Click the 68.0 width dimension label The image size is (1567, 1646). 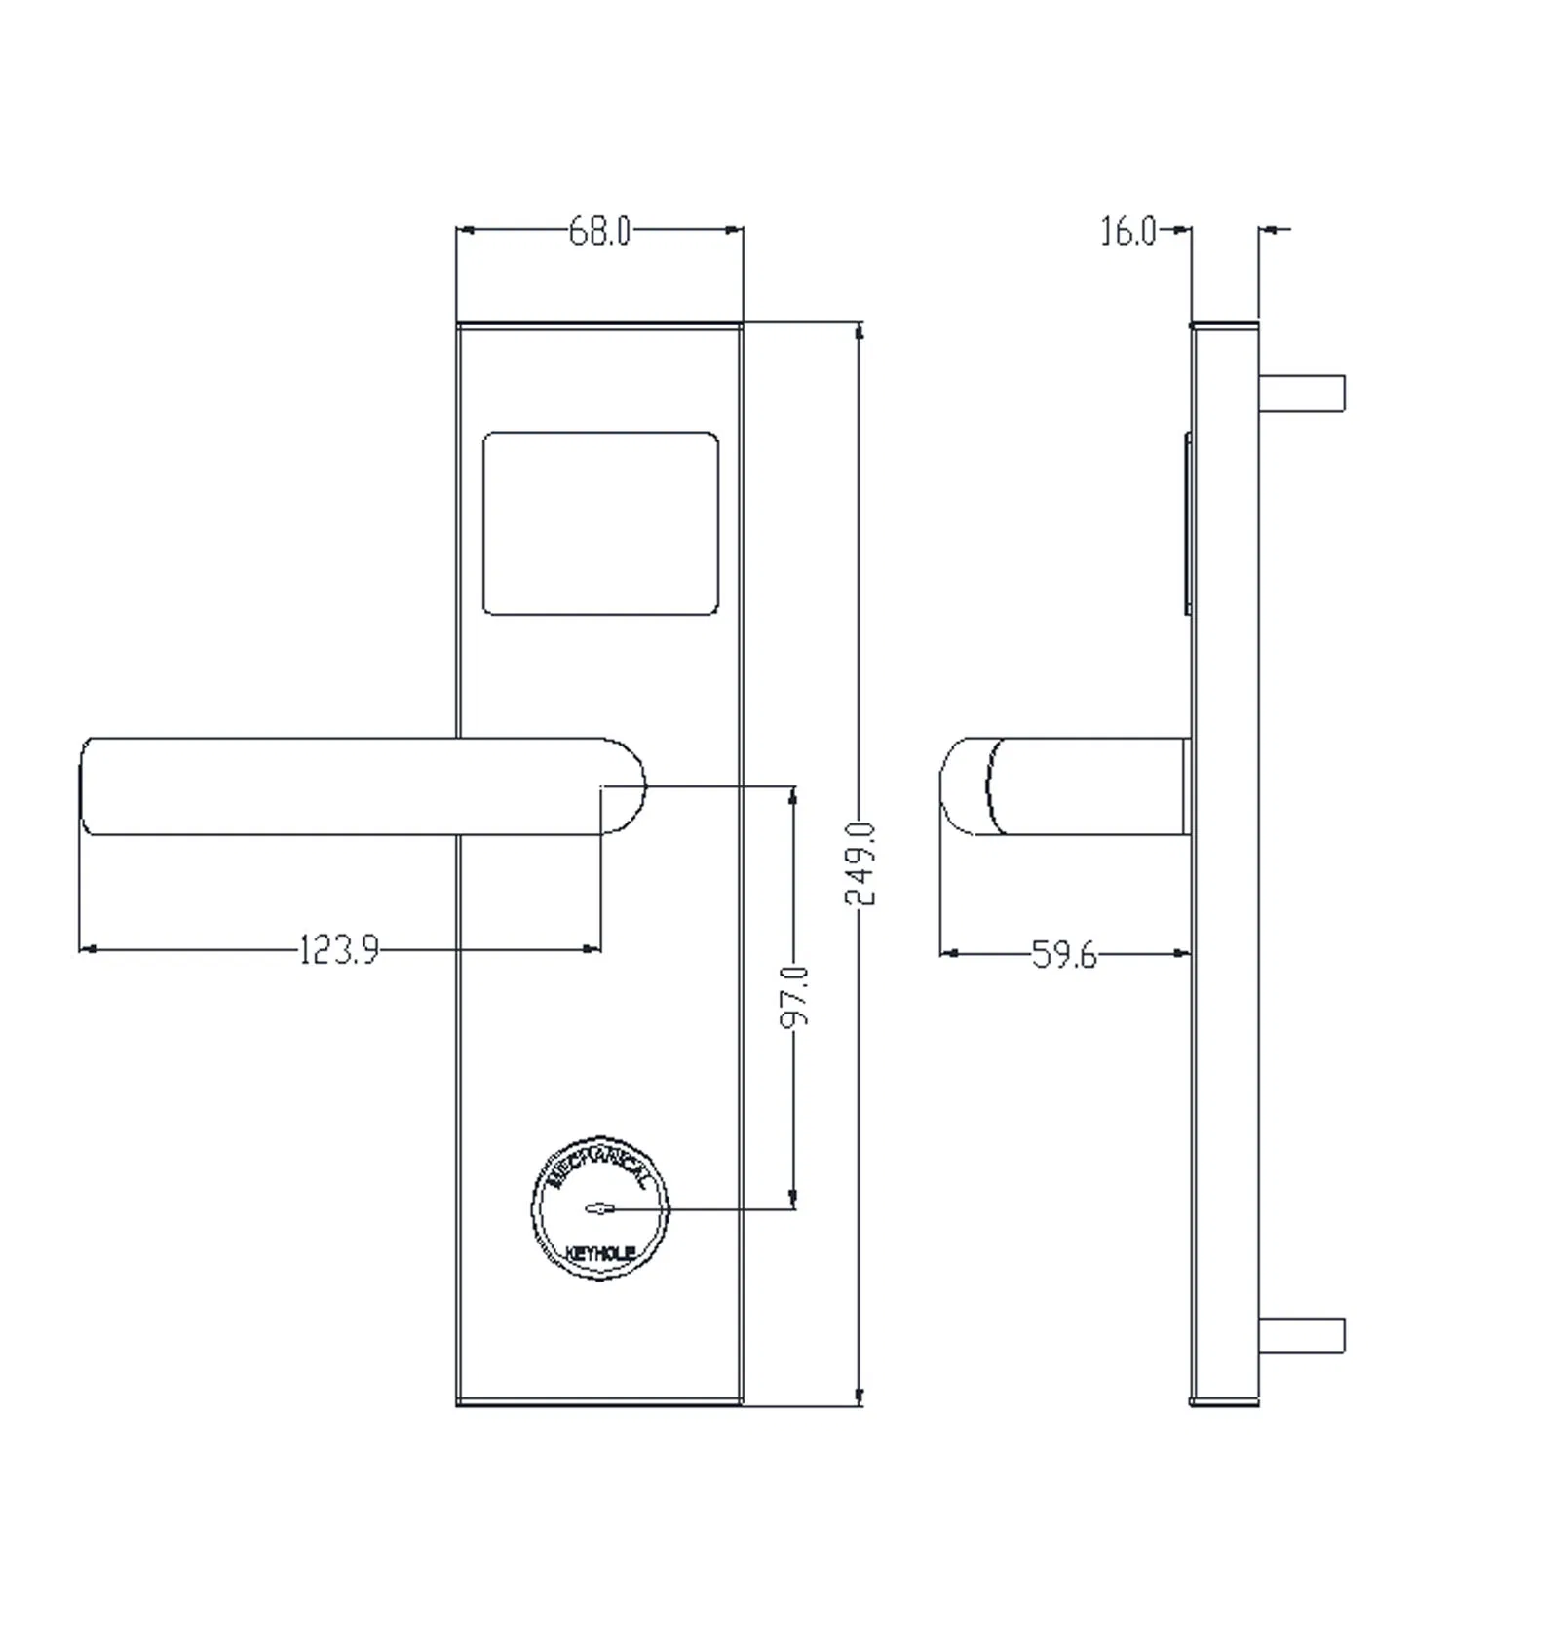click(x=599, y=232)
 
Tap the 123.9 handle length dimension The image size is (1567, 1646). click(x=338, y=949)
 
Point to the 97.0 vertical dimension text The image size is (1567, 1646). click(x=795, y=996)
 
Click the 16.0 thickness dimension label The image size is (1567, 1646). click(x=1128, y=232)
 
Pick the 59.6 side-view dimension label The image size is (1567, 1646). click(x=1063, y=955)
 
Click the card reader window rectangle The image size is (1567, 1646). click(x=600, y=523)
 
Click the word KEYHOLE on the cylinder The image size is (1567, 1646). click(x=599, y=1253)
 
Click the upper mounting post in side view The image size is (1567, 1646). click(x=1302, y=393)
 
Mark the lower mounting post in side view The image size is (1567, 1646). click(x=1302, y=1335)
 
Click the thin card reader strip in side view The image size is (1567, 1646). click(x=1188, y=523)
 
